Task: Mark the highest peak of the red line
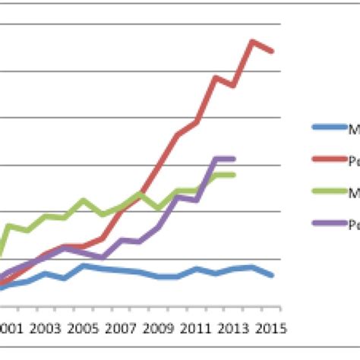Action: coord(253,41)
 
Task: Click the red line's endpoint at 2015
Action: coord(272,51)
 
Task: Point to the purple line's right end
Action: coord(234,158)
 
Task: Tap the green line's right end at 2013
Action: coord(234,175)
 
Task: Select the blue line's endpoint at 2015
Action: coord(272,275)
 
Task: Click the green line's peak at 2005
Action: coord(84,201)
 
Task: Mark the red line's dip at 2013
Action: coord(234,85)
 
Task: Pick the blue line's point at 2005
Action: coord(84,266)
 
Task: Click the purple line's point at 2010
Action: coord(178,197)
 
